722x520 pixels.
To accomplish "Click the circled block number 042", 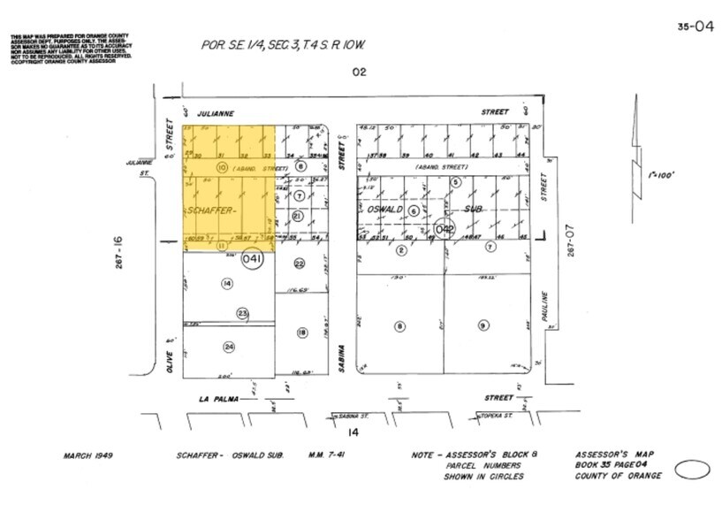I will [x=444, y=230].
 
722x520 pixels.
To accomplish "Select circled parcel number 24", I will [x=229, y=347].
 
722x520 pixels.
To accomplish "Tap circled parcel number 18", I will [x=301, y=333].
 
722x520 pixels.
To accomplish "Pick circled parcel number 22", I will [x=300, y=264].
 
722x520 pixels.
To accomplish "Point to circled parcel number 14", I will [x=227, y=283].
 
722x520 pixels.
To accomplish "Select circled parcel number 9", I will [x=483, y=325].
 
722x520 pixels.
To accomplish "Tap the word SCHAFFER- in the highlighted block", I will [x=210, y=210].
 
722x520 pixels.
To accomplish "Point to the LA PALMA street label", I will [x=217, y=399].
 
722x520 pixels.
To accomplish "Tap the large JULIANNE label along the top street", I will [x=217, y=113].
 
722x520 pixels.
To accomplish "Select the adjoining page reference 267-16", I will [x=118, y=250].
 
